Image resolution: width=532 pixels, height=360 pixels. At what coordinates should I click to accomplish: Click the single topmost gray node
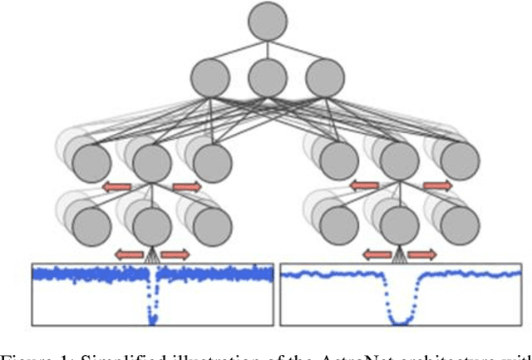[x=268, y=21]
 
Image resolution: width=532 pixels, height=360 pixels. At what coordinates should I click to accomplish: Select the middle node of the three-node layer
[x=268, y=77]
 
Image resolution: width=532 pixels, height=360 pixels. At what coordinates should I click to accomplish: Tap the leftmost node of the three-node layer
[x=210, y=77]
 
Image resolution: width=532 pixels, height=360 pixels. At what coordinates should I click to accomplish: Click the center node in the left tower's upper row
[x=150, y=162]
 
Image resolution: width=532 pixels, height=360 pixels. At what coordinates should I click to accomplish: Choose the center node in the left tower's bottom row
[x=150, y=224]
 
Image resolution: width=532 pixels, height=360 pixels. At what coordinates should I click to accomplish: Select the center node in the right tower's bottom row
[x=401, y=224]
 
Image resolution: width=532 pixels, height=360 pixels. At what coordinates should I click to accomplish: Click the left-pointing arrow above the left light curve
[x=129, y=253]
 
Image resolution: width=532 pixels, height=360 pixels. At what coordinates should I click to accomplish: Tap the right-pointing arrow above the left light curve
[x=173, y=253]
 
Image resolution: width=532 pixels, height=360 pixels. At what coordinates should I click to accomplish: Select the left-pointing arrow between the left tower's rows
[x=117, y=186]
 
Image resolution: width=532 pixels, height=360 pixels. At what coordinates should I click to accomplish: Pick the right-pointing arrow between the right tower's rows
[x=437, y=186]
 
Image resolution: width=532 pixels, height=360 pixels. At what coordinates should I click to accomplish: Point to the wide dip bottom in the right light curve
[x=401, y=318]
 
